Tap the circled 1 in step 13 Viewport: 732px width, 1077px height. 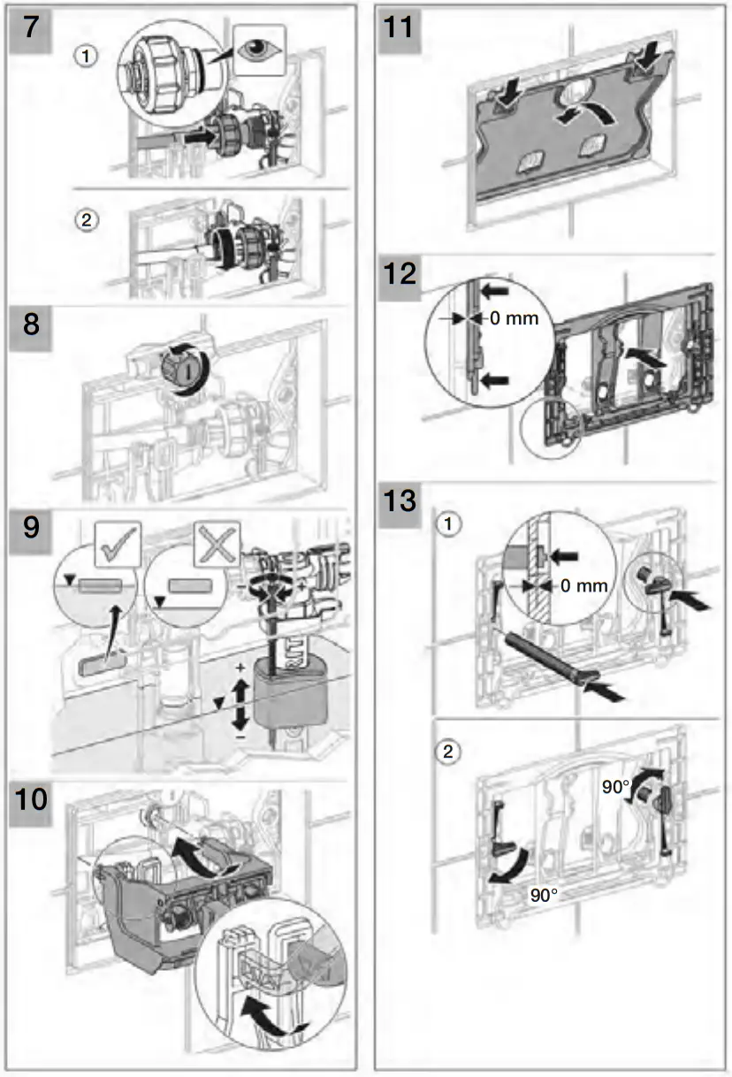pos(452,523)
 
